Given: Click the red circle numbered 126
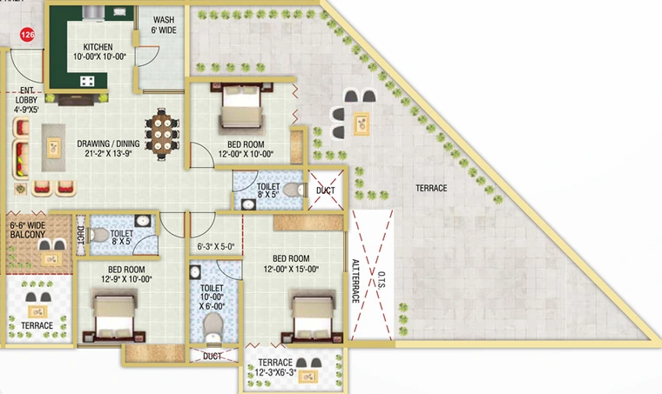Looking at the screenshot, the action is (x=28, y=35).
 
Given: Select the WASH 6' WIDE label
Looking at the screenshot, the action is (x=164, y=25).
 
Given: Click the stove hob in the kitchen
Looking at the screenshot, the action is (x=87, y=81).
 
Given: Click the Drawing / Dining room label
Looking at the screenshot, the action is (x=108, y=149).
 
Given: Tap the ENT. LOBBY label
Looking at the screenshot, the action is (x=27, y=100).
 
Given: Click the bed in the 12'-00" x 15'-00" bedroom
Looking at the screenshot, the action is (x=313, y=314).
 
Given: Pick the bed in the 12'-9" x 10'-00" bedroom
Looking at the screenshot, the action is (x=114, y=314).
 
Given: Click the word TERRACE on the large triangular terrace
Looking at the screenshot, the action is (x=431, y=188).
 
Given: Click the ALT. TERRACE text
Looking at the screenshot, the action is (x=355, y=281).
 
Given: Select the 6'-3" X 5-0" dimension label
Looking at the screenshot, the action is (x=215, y=246).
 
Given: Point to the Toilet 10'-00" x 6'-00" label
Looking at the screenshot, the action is (x=212, y=297).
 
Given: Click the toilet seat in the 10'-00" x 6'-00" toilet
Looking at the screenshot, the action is (x=213, y=327).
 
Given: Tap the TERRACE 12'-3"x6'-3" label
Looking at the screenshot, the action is (x=275, y=367).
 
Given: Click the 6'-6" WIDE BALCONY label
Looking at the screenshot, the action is (x=28, y=230).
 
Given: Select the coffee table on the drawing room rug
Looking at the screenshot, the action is (x=54, y=148).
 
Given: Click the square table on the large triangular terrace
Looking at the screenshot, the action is (x=361, y=124).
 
